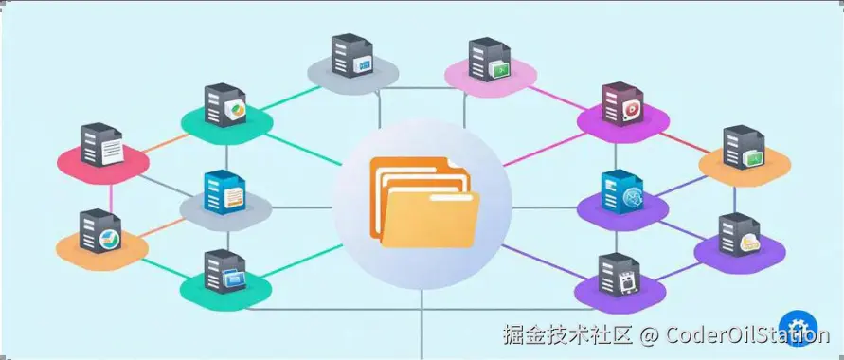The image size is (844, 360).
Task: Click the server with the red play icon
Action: tap(621, 105)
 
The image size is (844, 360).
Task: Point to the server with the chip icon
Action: tap(620, 276)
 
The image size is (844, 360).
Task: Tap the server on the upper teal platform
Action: tap(226, 106)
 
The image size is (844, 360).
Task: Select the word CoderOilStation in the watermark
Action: tap(748, 334)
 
